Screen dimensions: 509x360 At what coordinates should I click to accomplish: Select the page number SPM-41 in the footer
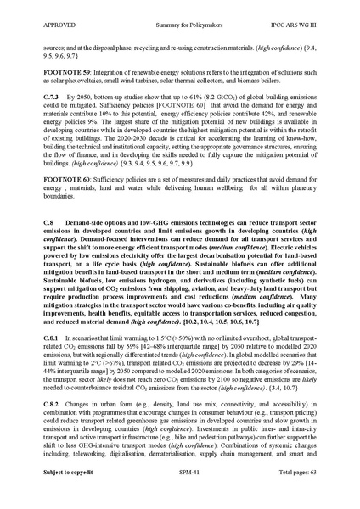point(180,495)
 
